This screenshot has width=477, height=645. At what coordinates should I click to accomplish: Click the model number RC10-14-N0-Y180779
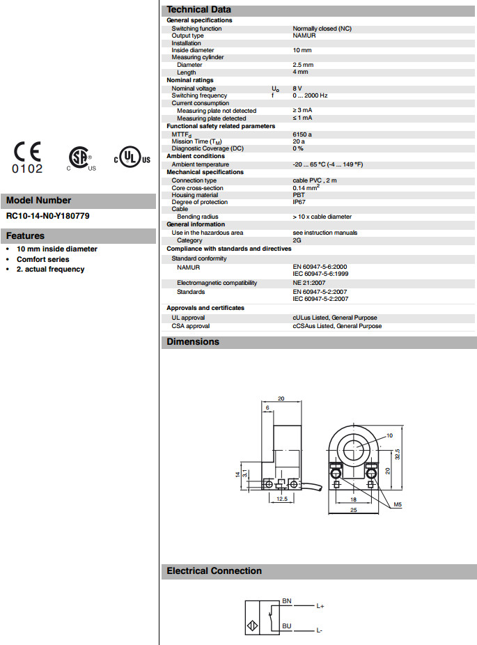47,216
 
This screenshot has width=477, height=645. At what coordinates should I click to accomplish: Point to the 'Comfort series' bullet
43,259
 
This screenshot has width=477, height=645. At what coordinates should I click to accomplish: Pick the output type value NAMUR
304,36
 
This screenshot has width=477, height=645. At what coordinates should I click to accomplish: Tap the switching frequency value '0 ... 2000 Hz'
310,95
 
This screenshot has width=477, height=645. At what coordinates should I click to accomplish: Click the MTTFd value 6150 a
302,134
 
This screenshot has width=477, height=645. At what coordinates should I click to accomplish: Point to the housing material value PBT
299,195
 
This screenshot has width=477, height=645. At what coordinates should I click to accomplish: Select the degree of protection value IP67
299,202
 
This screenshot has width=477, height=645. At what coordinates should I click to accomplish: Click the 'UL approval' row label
188,318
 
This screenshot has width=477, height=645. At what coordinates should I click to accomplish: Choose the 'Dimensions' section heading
193,342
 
